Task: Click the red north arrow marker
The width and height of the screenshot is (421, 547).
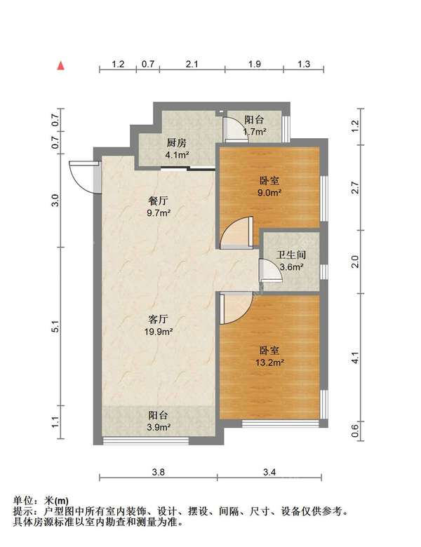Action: click(61, 66)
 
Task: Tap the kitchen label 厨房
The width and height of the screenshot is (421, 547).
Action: click(177, 142)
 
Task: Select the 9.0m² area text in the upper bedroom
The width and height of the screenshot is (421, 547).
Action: click(269, 193)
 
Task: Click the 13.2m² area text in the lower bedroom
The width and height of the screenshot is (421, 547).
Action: click(269, 363)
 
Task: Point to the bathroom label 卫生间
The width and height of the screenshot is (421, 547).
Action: click(291, 255)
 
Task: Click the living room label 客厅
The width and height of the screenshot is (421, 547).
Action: click(159, 319)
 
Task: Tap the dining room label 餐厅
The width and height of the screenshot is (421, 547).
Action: click(159, 201)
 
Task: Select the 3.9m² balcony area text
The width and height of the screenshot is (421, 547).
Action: click(159, 427)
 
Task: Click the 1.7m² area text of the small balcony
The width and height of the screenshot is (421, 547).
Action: click(255, 132)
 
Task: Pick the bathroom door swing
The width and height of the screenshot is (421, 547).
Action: click(271, 269)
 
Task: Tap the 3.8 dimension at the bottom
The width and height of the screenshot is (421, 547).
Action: click(158, 472)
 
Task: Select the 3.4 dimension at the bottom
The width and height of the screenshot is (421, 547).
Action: click(269, 472)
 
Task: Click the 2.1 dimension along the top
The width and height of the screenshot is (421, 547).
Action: click(192, 65)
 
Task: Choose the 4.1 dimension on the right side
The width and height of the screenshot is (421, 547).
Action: click(355, 358)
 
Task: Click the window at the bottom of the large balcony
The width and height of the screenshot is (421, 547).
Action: click(145, 440)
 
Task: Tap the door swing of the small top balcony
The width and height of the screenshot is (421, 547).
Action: click(236, 130)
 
